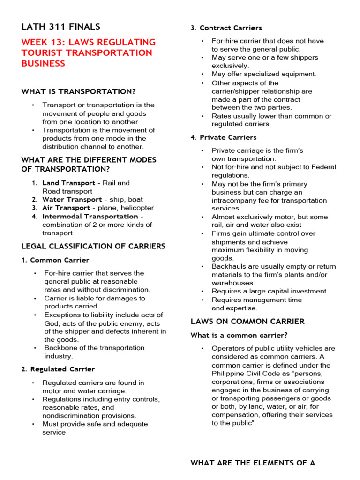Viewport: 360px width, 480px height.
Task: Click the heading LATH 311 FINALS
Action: [60, 27]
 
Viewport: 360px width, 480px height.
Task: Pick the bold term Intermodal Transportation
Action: [90, 217]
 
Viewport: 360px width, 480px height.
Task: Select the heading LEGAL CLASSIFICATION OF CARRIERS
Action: [93, 246]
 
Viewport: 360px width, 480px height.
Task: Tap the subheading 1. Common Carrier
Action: [55, 260]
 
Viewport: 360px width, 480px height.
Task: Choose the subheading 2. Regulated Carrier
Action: [58, 369]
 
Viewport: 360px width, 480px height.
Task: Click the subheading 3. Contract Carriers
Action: [226, 28]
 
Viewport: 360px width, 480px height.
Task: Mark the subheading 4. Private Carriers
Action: [224, 137]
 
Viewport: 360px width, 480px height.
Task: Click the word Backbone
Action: [60, 348]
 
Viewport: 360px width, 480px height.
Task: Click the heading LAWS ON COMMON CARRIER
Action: [247, 322]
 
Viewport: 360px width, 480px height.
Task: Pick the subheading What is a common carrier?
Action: [239, 335]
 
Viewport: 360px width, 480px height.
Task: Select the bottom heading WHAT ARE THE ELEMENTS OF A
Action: [253, 463]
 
